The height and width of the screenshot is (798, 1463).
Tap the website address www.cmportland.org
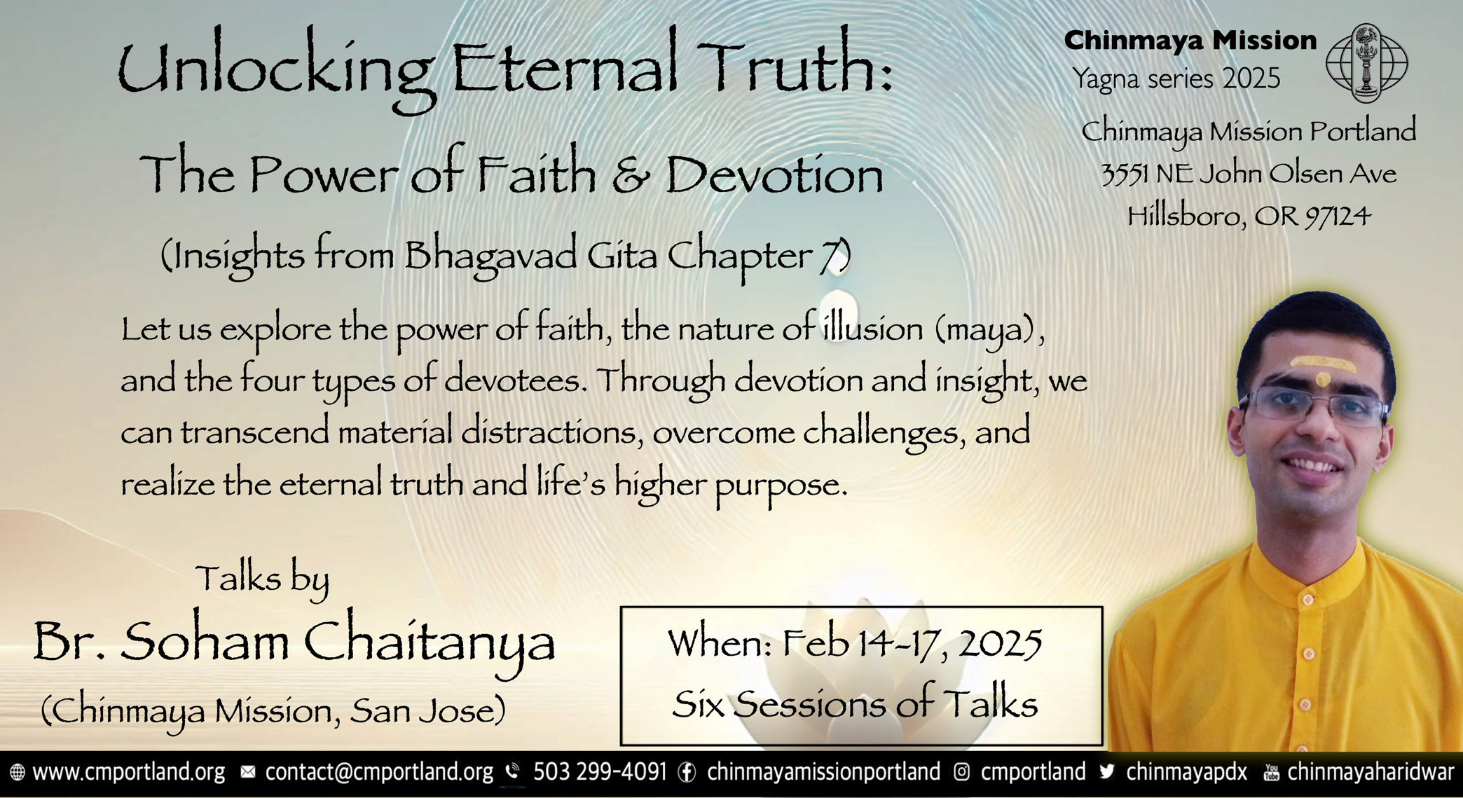point(129,772)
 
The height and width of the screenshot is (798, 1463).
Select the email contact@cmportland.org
point(379,772)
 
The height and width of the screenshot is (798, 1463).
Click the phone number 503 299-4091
point(600,771)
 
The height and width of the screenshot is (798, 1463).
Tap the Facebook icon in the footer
point(687,772)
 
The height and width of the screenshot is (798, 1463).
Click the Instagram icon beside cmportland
point(962,772)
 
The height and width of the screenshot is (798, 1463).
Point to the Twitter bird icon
point(1107,772)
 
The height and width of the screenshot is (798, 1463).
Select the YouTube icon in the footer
point(1271,772)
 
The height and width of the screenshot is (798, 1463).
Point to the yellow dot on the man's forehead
point(1322,379)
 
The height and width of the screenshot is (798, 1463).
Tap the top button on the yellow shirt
point(1307,601)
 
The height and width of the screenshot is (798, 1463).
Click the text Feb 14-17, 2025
point(912,643)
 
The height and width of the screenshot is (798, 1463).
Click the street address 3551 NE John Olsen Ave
point(1249,174)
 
